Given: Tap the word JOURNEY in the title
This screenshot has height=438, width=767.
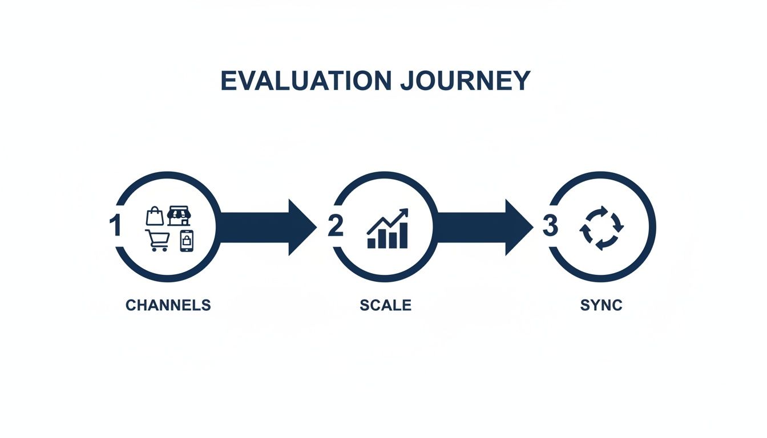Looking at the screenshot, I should [x=465, y=80].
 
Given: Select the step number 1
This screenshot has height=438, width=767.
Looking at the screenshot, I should [x=115, y=226].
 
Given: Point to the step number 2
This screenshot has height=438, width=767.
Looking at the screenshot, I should [x=335, y=226].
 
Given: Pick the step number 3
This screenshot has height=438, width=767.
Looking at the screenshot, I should [x=550, y=226].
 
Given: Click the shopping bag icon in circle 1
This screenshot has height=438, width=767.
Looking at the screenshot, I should [x=155, y=216].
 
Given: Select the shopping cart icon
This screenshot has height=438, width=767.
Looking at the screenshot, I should [x=158, y=240].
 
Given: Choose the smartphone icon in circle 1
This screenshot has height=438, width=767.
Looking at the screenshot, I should [x=187, y=241].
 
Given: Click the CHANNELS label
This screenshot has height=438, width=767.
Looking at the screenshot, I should [x=168, y=305].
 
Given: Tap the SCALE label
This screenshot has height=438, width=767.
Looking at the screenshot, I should [x=385, y=305].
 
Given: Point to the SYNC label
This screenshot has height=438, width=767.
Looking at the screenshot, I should [x=601, y=305].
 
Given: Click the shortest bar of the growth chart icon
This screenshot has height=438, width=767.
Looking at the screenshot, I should [x=372, y=243].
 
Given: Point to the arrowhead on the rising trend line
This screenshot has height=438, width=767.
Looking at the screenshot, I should [x=405, y=212].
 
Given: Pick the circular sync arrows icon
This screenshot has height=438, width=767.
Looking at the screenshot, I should [x=602, y=228].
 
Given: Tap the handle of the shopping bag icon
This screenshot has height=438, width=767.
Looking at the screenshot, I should [x=155, y=210].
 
